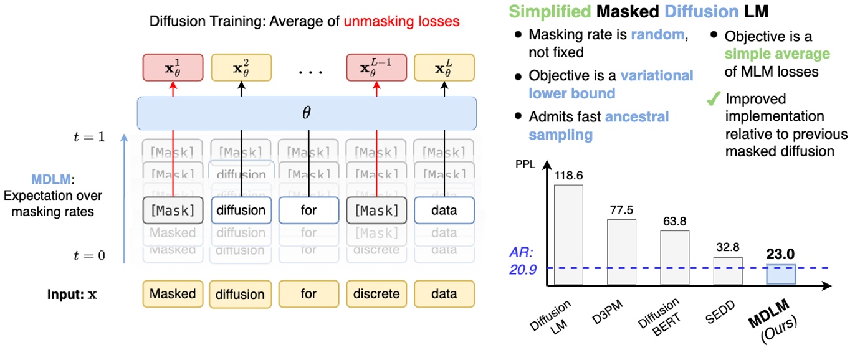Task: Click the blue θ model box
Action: click(x=307, y=113)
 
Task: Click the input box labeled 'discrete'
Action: click(x=376, y=293)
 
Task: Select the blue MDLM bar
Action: click(x=780, y=275)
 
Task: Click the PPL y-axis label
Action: click(x=530, y=166)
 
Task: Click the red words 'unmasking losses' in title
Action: click(x=401, y=21)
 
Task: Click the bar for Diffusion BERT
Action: click(x=674, y=258)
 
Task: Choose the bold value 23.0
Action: click(x=780, y=254)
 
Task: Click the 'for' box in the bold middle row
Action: click(x=308, y=211)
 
